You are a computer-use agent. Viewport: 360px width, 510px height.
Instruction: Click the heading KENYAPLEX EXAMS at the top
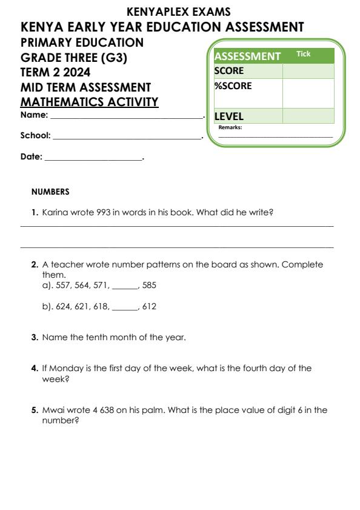click(179, 12)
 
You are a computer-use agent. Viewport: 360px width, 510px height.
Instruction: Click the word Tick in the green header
click(303, 55)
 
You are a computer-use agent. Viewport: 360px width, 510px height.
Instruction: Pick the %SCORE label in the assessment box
click(233, 86)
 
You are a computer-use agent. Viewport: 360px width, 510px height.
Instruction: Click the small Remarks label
click(230, 128)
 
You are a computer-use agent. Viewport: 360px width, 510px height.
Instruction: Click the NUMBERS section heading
click(50, 192)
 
